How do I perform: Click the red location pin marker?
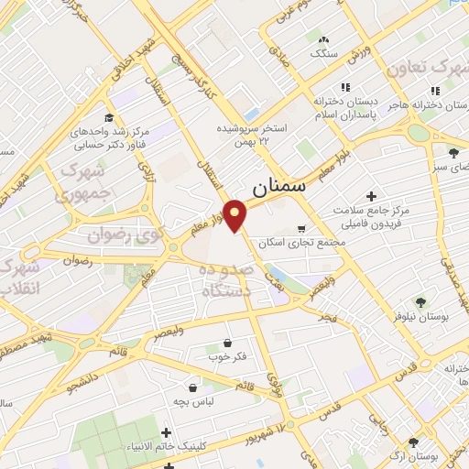tap(236, 214)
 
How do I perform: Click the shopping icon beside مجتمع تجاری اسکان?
tap(302, 229)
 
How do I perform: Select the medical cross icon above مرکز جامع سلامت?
tap(371, 196)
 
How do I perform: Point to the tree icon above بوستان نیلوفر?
tap(420, 301)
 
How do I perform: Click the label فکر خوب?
tap(226, 355)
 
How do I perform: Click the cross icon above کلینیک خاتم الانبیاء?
tap(166, 431)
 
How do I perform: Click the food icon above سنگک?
tap(323, 39)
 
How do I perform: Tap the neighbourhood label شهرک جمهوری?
tap(81, 182)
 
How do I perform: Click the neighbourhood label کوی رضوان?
tap(116, 235)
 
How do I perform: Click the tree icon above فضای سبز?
tap(453, 152)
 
